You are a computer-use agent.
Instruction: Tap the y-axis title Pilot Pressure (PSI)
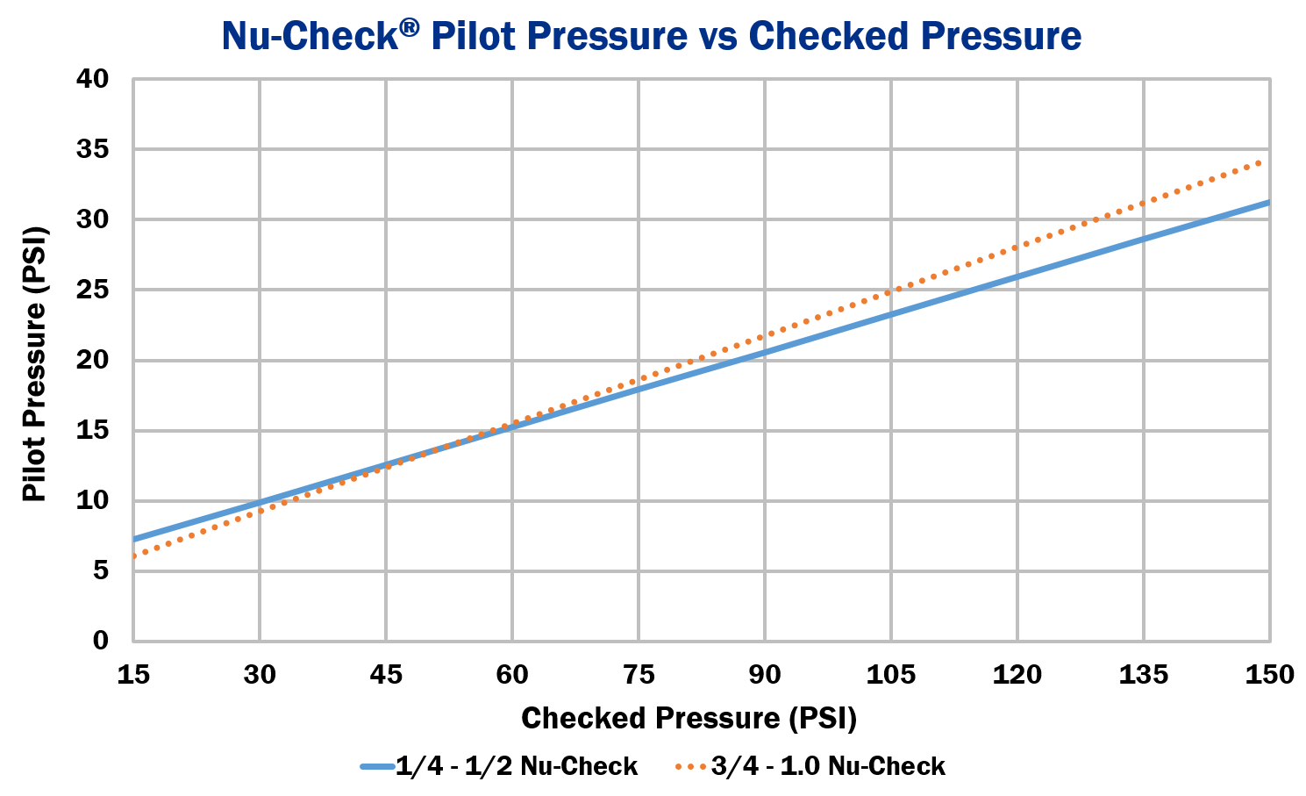point(34,364)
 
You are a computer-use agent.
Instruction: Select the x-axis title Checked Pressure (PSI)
point(689,718)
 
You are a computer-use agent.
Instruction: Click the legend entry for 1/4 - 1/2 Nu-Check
point(500,766)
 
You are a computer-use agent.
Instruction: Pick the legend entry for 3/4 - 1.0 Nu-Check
point(811,766)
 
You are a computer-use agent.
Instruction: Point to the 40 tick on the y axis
point(92,79)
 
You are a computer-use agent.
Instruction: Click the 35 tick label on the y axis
point(92,149)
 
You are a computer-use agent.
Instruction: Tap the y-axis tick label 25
point(92,290)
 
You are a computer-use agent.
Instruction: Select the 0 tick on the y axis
point(100,641)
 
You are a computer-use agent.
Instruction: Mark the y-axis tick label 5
point(100,570)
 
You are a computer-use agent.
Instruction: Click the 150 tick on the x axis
point(1269,674)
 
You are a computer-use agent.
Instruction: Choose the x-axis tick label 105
point(890,674)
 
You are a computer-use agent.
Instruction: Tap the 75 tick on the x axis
point(639,674)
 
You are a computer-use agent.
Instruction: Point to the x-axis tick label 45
point(386,674)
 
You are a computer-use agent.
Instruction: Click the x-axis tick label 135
point(1144,674)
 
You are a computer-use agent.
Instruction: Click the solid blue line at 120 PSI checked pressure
point(1017,277)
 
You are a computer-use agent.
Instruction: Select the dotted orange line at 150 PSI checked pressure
point(1263,161)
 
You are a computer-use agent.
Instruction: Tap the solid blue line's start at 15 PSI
point(135,538)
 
